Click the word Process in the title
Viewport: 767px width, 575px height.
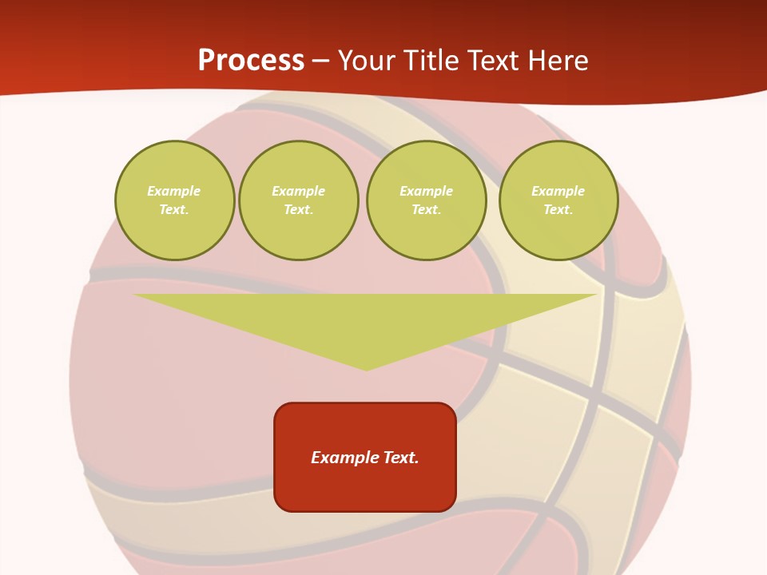tap(251, 61)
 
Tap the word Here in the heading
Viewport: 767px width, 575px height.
tap(558, 61)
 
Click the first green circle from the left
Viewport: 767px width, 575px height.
tap(174, 200)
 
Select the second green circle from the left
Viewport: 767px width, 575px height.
tap(299, 200)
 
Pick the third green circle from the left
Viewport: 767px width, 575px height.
tap(427, 200)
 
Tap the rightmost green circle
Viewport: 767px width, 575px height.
tap(558, 200)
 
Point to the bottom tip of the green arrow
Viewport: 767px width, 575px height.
tap(366, 369)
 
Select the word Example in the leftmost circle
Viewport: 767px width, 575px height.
tap(174, 191)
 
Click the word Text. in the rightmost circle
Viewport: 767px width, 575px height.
tap(558, 210)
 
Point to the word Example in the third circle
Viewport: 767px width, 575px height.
tap(427, 191)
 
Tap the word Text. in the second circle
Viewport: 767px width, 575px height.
tap(299, 210)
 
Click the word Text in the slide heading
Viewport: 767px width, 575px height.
tap(493, 61)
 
